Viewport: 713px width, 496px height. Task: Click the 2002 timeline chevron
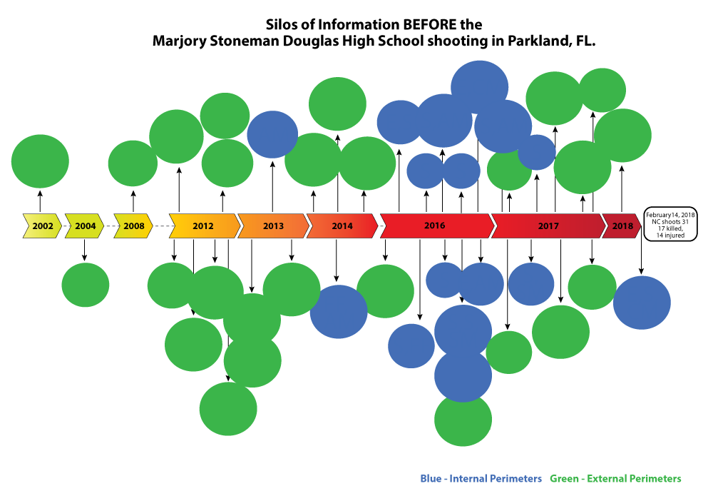[42, 226]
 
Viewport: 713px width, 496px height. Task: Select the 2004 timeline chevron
[85, 226]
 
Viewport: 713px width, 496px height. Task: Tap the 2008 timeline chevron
[133, 226]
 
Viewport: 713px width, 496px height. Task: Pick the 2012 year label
[202, 226]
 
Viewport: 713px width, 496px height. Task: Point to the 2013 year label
[273, 226]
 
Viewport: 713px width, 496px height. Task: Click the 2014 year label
[342, 226]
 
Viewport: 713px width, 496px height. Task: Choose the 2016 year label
[435, 226]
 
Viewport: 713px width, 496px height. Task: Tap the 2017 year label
[548, 226]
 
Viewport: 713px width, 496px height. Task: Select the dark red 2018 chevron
[622, 226]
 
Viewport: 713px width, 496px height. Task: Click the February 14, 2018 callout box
[670, 224]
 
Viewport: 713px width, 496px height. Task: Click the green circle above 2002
[40, 161]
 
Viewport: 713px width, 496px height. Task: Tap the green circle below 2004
[86, 285]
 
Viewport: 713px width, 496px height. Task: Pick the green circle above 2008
[133, 163]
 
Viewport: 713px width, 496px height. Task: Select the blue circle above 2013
[272, 135]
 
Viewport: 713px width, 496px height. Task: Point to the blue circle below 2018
[642, 303]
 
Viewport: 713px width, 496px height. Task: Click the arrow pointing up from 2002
[40, 201]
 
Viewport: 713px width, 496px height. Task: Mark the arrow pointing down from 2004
[84, 250]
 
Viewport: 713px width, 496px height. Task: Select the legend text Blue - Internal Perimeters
[481, 479]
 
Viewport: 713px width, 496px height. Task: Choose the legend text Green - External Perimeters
[616, 479]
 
